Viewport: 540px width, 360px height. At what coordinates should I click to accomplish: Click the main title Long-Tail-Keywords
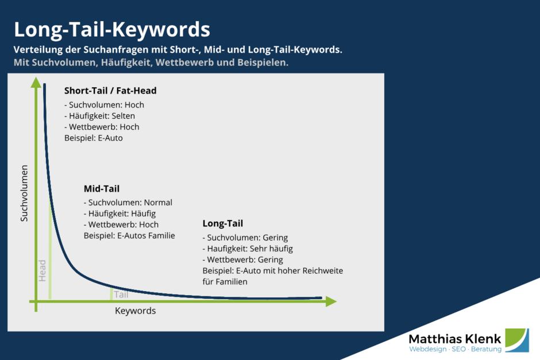pyautogui.click(x=111, y=29)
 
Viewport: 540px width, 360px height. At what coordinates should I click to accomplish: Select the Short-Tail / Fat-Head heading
pyautogui.click(x=110, y=91)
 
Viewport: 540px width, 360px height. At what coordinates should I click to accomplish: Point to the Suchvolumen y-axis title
pyautogui.click(x=24, y=193)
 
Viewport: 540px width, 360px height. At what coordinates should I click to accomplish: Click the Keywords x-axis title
pyautogui.click(x=135, y=311)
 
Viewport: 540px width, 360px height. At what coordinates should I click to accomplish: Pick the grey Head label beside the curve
pyautogui.click(x=42, y=270)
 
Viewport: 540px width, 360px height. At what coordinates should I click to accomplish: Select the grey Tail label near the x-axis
pyautogui.click(x=121, y=295)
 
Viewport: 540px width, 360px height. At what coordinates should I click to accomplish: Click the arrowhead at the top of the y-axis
pyautogui.click(x=36, y=83)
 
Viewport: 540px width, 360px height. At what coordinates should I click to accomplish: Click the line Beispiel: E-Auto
pyautogui.click(x=94, y=138)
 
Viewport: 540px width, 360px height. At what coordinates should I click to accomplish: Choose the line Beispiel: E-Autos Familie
pyautogui.click(x=129, y=235)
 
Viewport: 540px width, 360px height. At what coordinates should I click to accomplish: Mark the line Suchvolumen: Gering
pyautogui.click(x=245, y=238)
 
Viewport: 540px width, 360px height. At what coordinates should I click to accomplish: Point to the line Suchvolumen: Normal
pyautogui.click(x=128, y=203)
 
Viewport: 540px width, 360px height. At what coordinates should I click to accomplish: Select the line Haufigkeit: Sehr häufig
pyautogui.click(x=248, y=249)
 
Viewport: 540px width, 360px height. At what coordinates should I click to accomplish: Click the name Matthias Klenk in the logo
pyautogui.click(x=454, y=338)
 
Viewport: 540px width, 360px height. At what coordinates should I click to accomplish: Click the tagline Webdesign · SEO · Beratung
pyautogui.click(x=455, y=349)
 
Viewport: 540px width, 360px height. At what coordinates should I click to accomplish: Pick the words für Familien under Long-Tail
pyautogui.click(x=225, y=281)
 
